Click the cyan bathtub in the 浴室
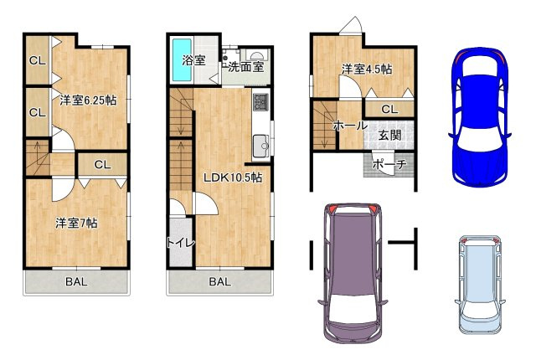pyautogui.click(x=182, y=60)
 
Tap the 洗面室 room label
pyautogui.click(x=246, y=67)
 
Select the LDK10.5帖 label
pyautogui.click(x=233, y=177)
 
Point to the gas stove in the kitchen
pyautogui.click(x=261, y=101)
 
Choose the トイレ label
pyautogui.click(x=181, y=243)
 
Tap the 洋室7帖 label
pyautogui.click(x=76, y=223)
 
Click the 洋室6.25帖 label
pyautogui.click(x=88, y=100)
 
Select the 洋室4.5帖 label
pyautogui.click(x=367, y=69)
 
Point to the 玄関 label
pyautogui.click(x=390, y=136)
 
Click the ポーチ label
pyautogui.click(x=389, y=164)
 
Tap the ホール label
pyautogui.click(x=350, y=126)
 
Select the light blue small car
pyautogui.click(x=480, y=285)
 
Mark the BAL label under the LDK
pyautogui.click(x=219, y=282)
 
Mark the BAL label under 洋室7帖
pyautogui.click(x=76, y=282)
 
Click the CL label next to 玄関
pyautogui.click(x=389, y=110)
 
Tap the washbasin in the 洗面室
pyautogui.click(x=255, y=55)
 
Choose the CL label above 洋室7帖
pyautogui.click(x=102, y=165)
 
